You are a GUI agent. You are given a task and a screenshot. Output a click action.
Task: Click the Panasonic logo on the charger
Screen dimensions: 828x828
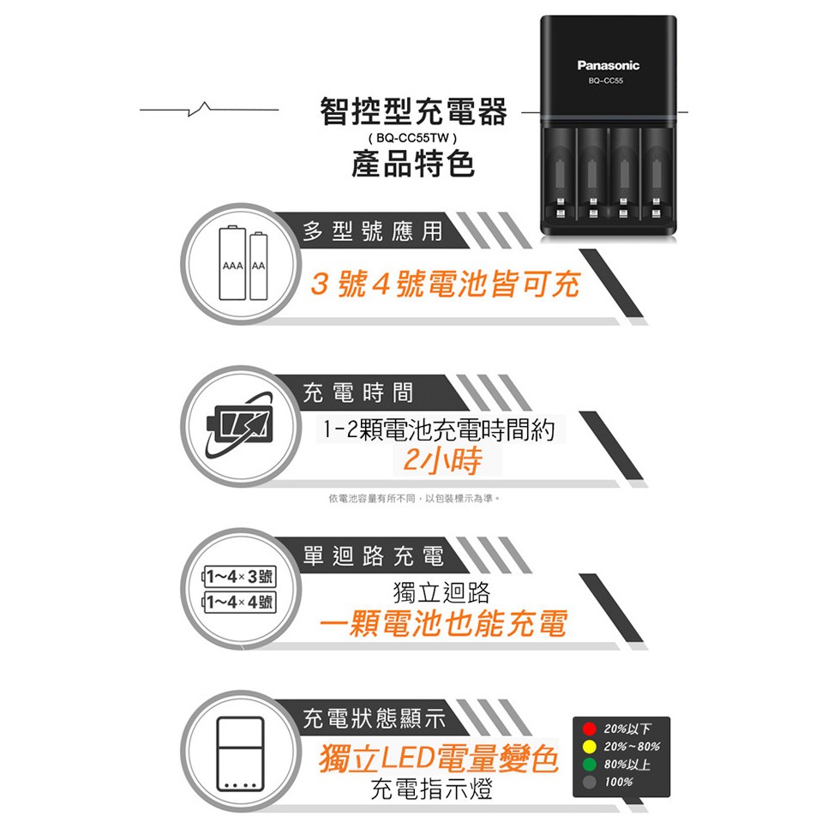(x=608, y=65)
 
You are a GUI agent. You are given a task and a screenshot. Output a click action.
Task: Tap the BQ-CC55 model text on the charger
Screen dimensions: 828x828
(x=606, y=81)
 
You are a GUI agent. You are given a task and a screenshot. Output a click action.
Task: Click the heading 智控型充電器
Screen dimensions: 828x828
(x=413, y=111)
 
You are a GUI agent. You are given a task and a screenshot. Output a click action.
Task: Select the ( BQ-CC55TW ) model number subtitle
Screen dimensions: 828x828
(x=413, y=138)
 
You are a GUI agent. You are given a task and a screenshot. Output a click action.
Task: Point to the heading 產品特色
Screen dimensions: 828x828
(x=413, y=164)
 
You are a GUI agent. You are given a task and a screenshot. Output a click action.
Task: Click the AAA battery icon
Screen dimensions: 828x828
(x=232, y=263)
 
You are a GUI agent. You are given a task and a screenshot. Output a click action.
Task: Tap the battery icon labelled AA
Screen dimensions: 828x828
(x=258, y=266)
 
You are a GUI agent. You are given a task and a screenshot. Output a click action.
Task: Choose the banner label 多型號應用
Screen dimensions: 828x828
(x=372, y=231)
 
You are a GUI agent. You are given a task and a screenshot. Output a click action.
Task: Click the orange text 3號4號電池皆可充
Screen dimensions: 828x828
(x=445, y=284)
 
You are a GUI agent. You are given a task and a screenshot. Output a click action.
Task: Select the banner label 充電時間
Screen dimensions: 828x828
(x=357, y=393)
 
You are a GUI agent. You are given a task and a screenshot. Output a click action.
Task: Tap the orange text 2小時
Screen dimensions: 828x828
(x=442, y=459)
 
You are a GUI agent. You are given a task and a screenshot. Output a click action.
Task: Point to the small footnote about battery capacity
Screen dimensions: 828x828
(x=414, y=499)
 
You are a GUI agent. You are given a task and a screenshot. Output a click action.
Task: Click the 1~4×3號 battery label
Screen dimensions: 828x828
(x=240, y=576)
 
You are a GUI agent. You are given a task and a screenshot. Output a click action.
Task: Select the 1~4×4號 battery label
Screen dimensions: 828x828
(x=240, y=602)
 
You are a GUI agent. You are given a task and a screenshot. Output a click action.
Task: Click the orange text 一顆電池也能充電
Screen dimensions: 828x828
(x=442, y=624)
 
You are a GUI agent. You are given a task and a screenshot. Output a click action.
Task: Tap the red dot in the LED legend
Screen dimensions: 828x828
(x=590, y=729)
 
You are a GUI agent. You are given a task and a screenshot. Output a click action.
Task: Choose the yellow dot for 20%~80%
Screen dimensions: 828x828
(x=590, y=747)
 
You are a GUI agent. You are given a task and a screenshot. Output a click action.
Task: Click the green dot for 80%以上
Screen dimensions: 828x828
(x=590, y=764)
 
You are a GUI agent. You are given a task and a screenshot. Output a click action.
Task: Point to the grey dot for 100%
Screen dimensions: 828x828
(x=590, y=782)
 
